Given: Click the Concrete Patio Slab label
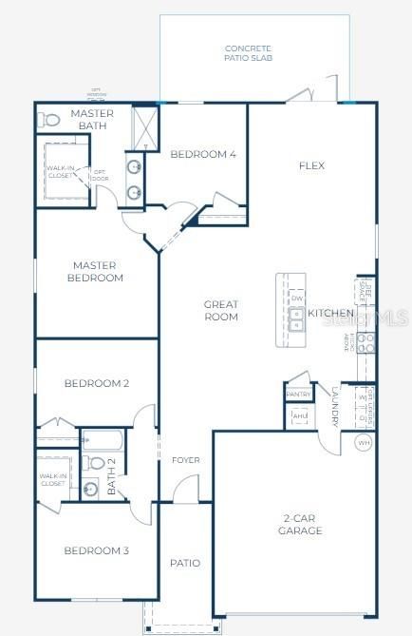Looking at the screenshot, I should [x=248, y=52].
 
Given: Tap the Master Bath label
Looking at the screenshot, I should [x=93, y=120].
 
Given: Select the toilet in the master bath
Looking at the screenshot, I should [x=49, y=121].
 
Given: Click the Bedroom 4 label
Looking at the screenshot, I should [x=202, y=154].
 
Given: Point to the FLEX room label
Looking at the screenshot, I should [x=311, y=165].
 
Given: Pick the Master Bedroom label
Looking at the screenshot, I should [x=95, y=271].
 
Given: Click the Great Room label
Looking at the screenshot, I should [x=221, y=311].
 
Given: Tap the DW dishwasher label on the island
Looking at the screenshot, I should [x=297, y=298].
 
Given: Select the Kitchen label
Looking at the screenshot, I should [x=330, y=313].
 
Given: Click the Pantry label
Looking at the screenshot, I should [x=299, y=395].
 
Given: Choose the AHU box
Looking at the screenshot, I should [x=300, y=416].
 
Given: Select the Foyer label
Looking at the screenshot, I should [x=185, y=461].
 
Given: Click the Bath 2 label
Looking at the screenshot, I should [x=111, y=475].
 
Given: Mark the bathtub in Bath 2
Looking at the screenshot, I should [x=103, y=441].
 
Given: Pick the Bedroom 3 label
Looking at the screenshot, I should [x=96, y=550].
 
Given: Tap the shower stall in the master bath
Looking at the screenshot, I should [x=144, y=125].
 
